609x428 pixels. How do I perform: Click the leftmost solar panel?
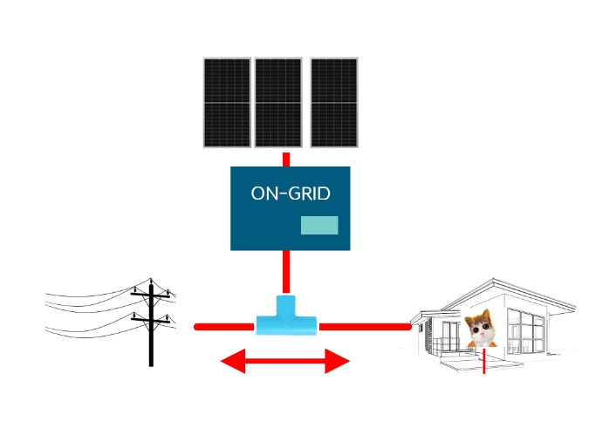(227, 103)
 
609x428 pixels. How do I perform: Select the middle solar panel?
(278, 103)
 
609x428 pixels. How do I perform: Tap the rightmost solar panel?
(334, 103)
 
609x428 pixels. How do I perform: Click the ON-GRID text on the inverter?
(291, 194)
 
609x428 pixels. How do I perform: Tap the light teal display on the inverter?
(319, 225)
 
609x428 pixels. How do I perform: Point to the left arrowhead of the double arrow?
(233, 361)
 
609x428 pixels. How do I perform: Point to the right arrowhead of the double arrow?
(337, 361)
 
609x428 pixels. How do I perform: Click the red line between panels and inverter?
(286, 160)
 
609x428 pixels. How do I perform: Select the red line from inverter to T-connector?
(286, 272)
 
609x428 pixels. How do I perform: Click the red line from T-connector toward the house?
(365, 327)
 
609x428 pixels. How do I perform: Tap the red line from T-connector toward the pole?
(224, 327)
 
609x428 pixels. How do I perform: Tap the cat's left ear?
(469, 321)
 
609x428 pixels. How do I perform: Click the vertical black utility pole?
(151, 325)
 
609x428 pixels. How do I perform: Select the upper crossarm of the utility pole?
(150, 296)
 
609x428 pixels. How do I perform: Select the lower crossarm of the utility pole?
(150, 321)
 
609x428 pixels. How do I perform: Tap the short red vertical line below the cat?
(484, 361)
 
